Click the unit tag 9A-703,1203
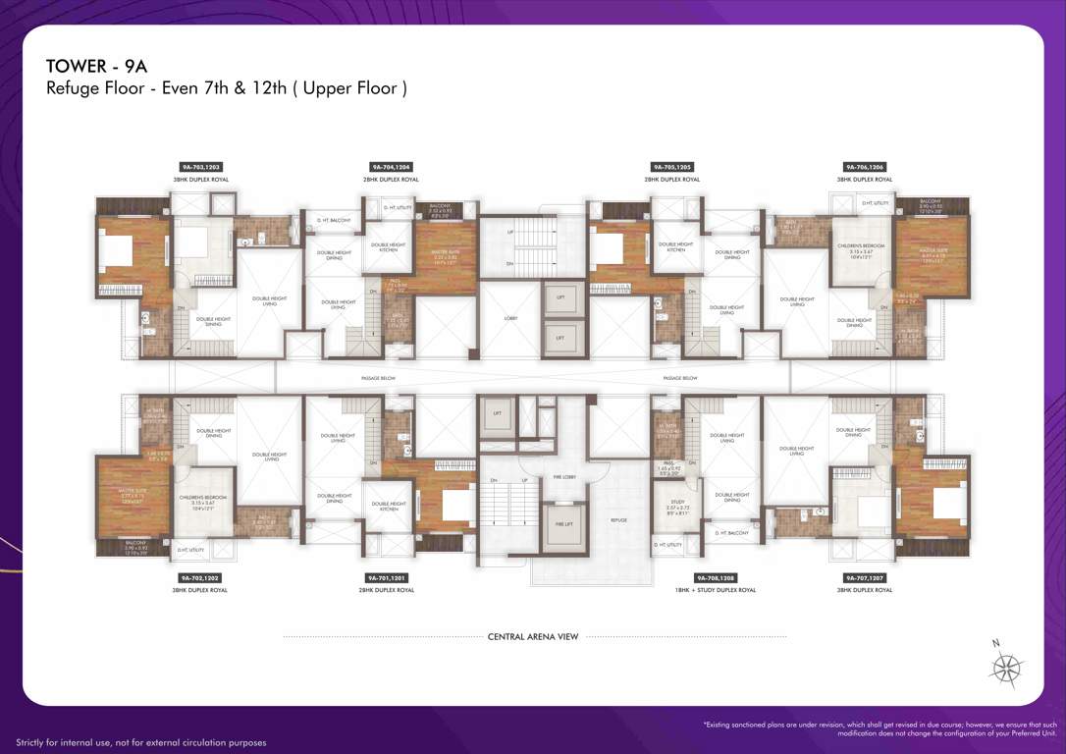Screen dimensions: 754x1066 pos(199,168)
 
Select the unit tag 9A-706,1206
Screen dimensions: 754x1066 pos(864,168)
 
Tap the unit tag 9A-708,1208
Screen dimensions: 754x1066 pos(716,578)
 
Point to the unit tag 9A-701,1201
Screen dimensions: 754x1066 pos(390,578)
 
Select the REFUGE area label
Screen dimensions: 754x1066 pos(618,520)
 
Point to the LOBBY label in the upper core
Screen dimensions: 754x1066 pos(510,318)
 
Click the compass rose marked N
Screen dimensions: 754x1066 pos(1006,669)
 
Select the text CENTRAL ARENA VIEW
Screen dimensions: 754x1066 pos(533,637)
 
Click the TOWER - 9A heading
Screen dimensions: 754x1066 pos(95,66)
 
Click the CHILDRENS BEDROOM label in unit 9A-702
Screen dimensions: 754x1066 pos(202,501)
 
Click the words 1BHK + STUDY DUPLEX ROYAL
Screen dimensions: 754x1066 pos(716,590)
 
